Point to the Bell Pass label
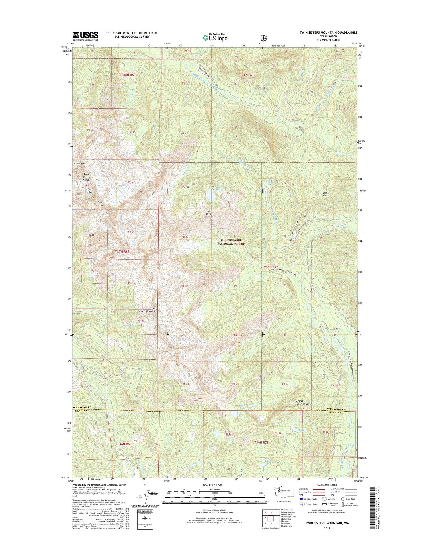325,194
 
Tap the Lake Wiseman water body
212,196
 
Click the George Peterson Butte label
303,402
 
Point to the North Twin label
79,163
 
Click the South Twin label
101,203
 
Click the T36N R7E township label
261,451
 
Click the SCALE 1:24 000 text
214,485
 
